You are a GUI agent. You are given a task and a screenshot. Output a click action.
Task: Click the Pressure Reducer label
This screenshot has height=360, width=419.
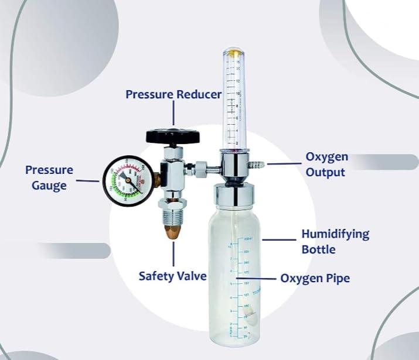coord(173,94)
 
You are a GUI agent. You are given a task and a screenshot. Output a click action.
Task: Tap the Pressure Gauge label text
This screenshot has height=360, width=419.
coord(49,177)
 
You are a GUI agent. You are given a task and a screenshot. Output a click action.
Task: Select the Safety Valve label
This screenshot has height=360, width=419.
coord(172,275)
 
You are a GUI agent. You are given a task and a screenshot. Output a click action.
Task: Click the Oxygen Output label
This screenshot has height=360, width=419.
coord(327,164)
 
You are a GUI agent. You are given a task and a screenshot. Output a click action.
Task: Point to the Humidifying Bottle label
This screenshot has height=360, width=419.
coord(335,241)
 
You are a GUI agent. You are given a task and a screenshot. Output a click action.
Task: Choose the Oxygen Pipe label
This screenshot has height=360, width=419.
coord(315,278)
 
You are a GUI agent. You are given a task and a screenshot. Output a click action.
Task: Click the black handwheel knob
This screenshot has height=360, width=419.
coord(173,136)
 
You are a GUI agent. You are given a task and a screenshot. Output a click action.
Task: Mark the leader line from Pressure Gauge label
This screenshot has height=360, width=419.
coord(88,180)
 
